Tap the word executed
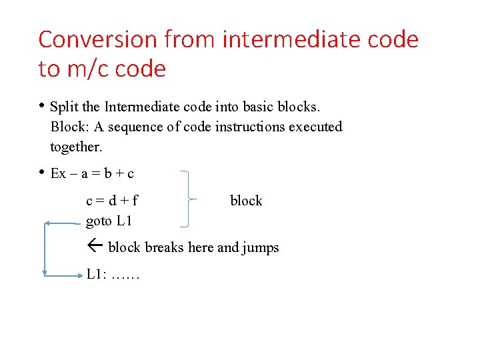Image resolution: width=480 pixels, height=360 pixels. click(315, 127)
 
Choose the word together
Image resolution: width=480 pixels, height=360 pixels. click(76, 146)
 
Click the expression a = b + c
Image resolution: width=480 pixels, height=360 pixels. click(107, 174)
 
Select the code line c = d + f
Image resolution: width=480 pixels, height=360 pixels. click(112, 200)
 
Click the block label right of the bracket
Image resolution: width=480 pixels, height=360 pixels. click(246, 201)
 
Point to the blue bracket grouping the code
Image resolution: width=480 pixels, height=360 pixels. click(189, 199)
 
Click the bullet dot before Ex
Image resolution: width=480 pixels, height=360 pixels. click(41, 173)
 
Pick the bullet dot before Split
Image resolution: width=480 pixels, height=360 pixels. click(41, 105)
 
